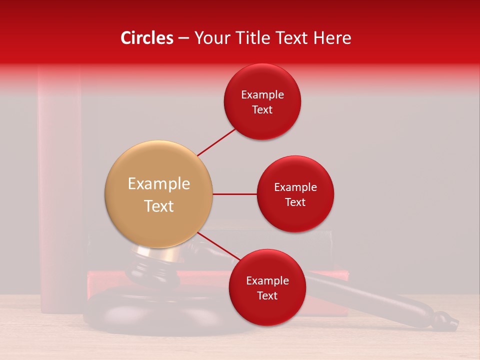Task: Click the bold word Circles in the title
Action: tap(146, 38)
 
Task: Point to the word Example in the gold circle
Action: tap(159, 184)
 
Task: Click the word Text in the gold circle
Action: tap(159, 206)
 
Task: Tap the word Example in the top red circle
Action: tap(262, 95)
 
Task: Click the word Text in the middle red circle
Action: tap(295, 202)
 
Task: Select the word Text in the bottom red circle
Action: tap(267, 296)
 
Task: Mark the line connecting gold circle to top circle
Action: tap(217, 141)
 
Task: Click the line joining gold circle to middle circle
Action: tap(234, 194)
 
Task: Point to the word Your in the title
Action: tap(210, 38)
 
